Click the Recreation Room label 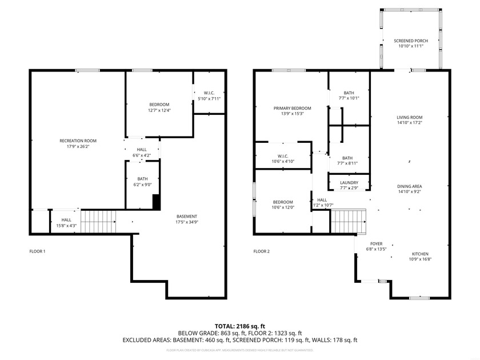coord(78,141)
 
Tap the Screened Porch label coord(410,41)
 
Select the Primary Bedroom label coord(292,108)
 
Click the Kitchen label coord(420,254)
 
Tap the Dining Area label coord(409,186)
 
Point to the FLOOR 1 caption coord(37,251)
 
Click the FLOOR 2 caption coord(261,251)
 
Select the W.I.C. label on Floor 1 coord(209,93)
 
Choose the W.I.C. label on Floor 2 coord(282,156)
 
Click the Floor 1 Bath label coord(142,179)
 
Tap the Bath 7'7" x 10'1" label coord(349,93)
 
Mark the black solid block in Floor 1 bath coord(156,202)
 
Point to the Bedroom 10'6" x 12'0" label coord(282,202)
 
